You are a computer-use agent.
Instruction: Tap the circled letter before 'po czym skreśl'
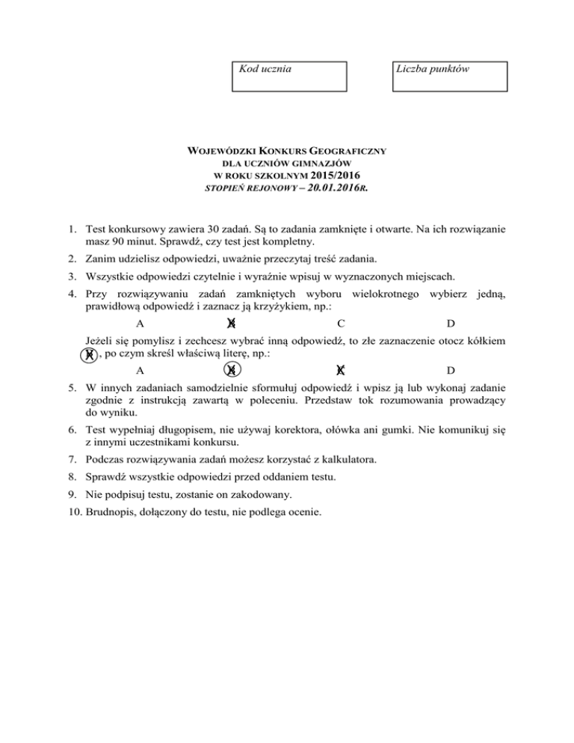coord(89,354)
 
